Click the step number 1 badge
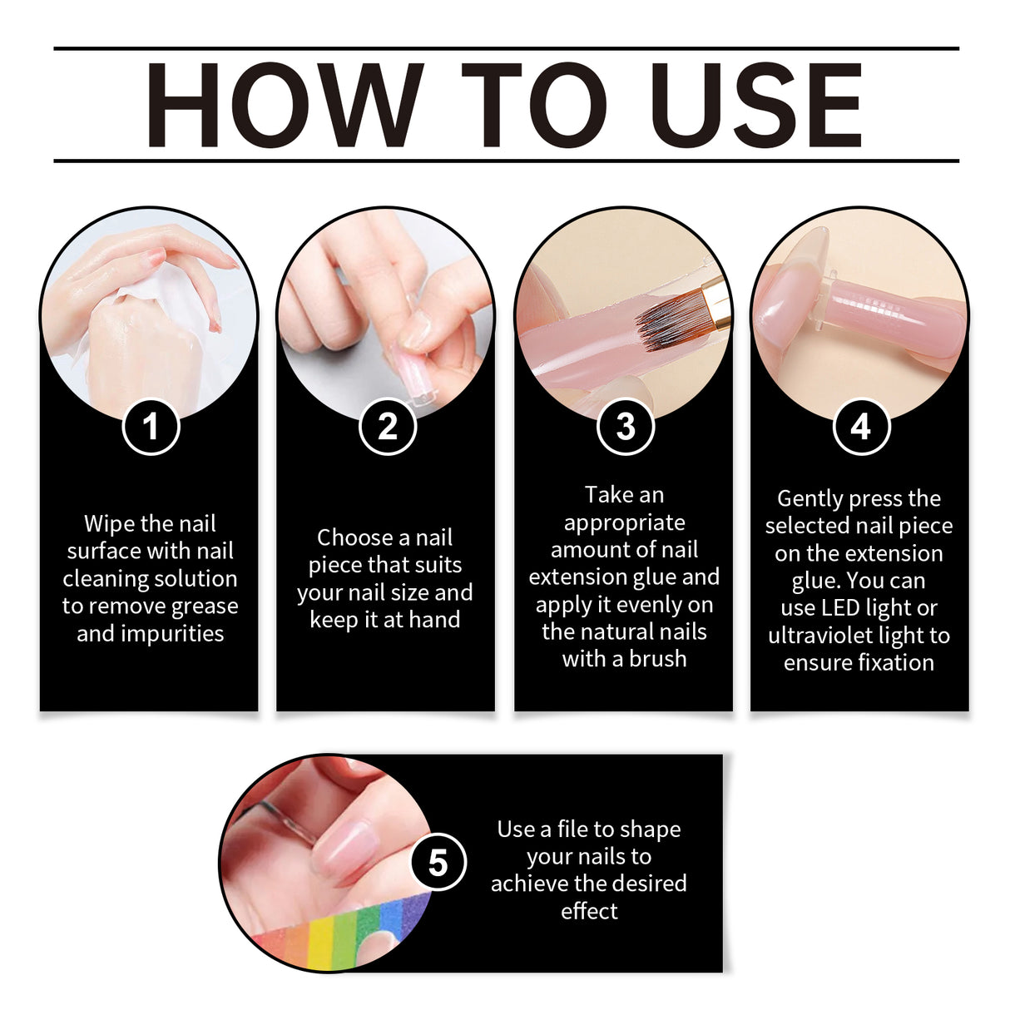tap(151, 427)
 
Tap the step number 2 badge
tap(388, 427)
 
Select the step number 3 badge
tap(625, 427)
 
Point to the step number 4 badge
tap(861, 427)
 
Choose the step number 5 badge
tap(438, 863)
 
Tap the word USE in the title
tap(757, 106)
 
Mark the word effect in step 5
tap(589, 911)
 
